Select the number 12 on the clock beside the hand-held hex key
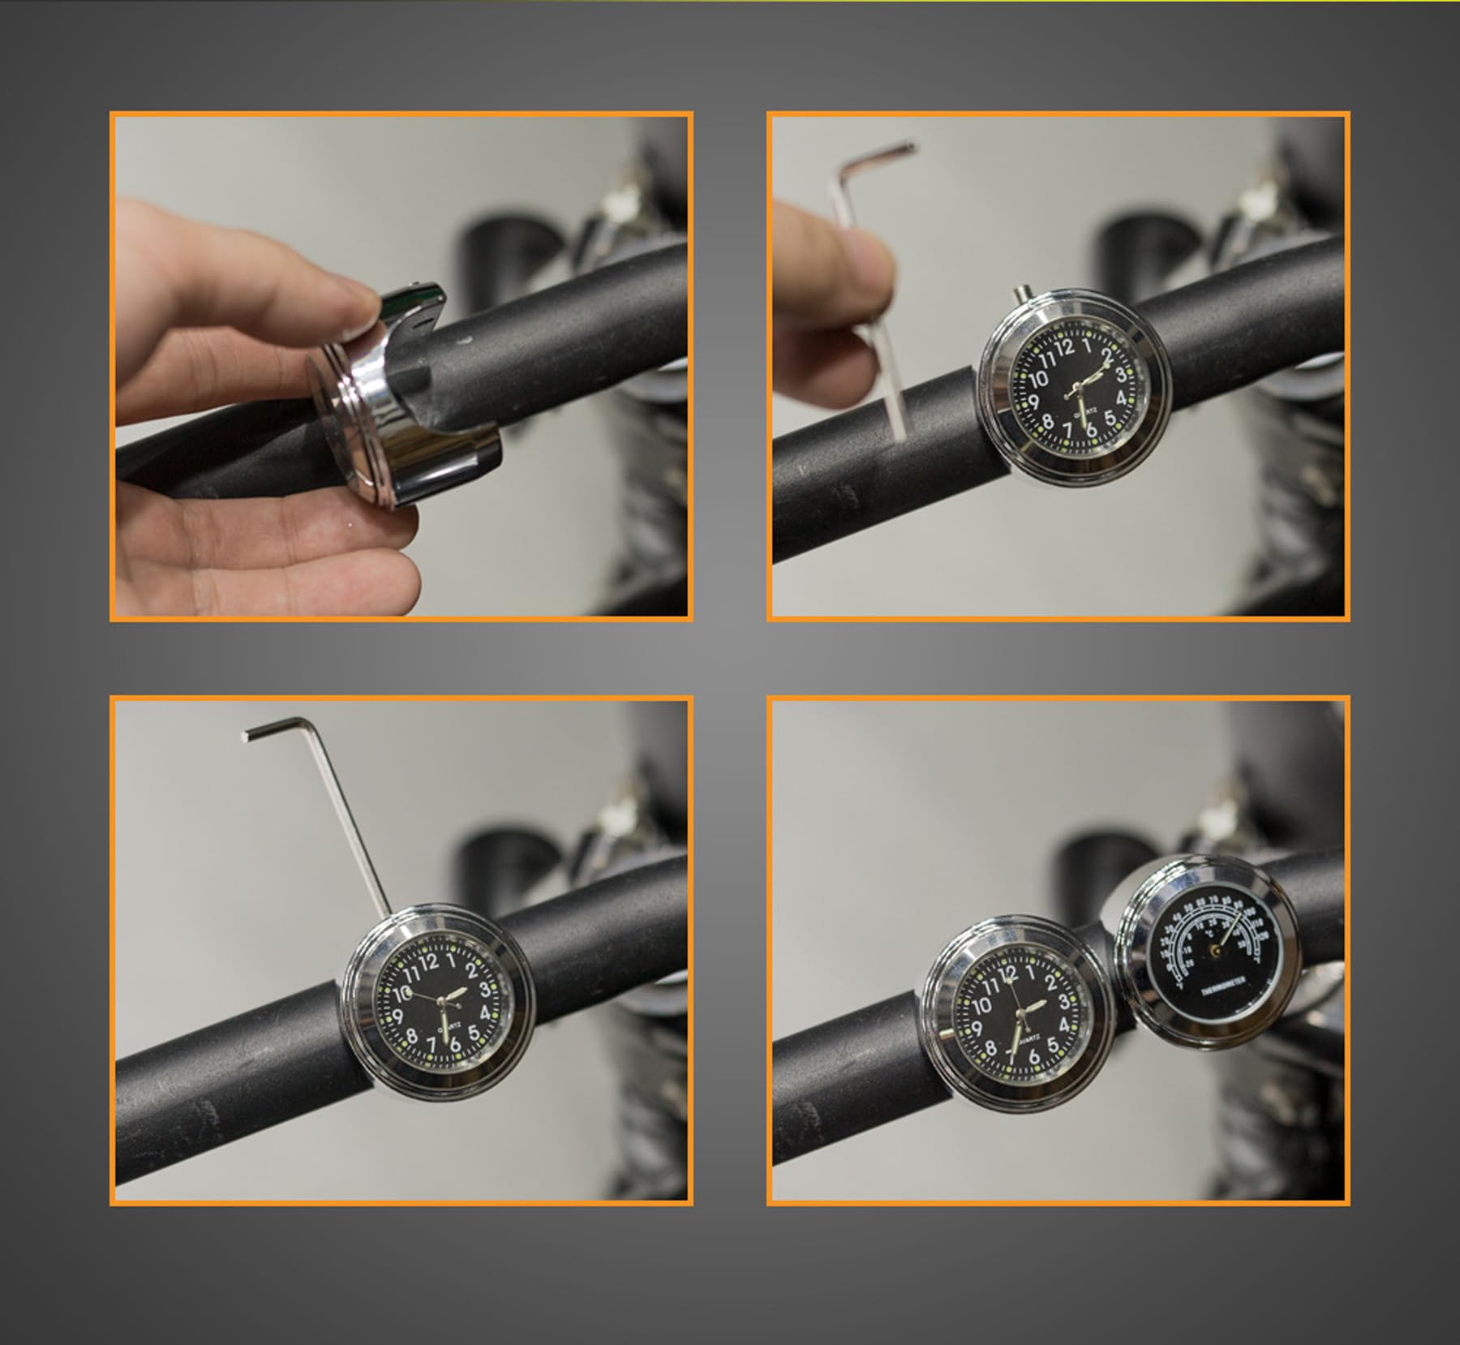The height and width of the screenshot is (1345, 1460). [1065, 348]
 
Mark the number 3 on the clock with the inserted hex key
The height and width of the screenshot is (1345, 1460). [484, 989]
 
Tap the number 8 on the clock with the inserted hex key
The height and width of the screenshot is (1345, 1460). [411, 1036]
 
